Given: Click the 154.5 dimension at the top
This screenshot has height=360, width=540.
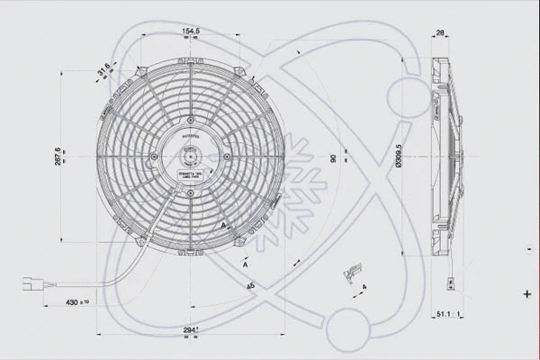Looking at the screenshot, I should click(190, 31).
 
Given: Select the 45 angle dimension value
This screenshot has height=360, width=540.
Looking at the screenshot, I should click(249, 287).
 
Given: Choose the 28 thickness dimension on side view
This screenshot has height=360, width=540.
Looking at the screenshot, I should click(440, 33).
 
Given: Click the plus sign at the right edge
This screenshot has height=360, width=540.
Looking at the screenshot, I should click(526, 293).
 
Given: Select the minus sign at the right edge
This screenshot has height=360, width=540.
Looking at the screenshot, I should click(526, 245).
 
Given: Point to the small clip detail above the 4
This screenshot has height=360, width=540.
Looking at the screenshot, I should click(351, 271).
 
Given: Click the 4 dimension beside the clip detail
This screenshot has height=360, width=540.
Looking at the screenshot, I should click(363, 287).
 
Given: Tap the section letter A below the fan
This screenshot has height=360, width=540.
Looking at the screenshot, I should click(245, 265).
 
